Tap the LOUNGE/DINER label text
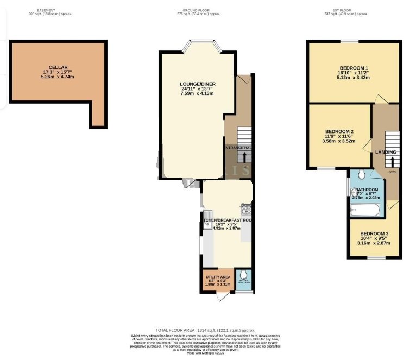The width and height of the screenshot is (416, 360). click(x=198, y=84)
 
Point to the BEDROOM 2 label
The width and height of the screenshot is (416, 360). click(x=339, y=132)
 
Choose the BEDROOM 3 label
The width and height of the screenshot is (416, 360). click(x=374, y=233)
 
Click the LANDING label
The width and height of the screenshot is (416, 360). click(x=386, y=152)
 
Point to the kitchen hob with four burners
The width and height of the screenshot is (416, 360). click(x=245, y=208)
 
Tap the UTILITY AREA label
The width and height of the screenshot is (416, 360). click(x=217, y=277)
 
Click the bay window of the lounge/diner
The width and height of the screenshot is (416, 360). click(x=201, y=46)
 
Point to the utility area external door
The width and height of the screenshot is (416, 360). click(x=220, y=298)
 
